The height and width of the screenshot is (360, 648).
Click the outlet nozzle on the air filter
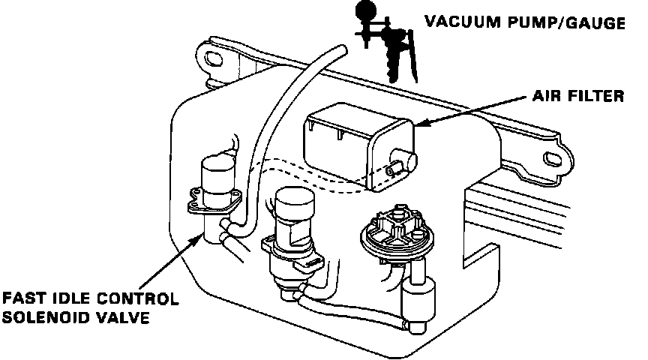point(410,159)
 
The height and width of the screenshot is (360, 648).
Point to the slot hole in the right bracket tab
point(556,159)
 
